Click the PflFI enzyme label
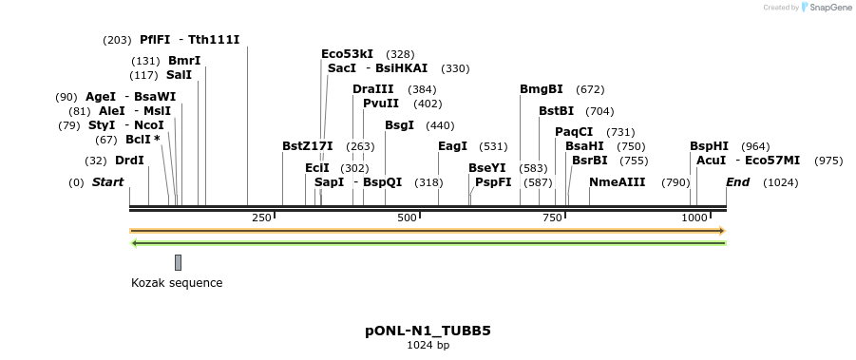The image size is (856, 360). [x=155, y=40]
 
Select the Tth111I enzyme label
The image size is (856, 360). [x=214, y=40]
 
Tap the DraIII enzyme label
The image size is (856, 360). [x=371, y=89]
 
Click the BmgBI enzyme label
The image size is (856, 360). [x=542, y=89]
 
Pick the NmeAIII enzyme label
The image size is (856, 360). [x=617, y=182]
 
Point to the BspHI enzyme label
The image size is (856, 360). [x=709, y=146]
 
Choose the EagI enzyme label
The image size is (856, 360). [x=453, y=146]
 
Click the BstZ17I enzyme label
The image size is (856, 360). [x=308, y=146]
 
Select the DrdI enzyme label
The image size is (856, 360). [x=129, y=161]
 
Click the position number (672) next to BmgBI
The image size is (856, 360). [x=590, y=89]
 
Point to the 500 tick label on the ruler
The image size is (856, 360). [x=408, y=218]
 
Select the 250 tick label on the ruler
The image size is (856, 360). [x=261, y=218]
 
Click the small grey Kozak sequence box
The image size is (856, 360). [x=178, y=262]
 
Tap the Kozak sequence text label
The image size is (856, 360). [x=177, y=283]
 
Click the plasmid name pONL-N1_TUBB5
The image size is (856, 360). [x=428, y=331]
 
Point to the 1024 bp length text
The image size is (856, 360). [x=428, y=346]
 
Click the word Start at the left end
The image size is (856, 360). [x=107, y=182]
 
